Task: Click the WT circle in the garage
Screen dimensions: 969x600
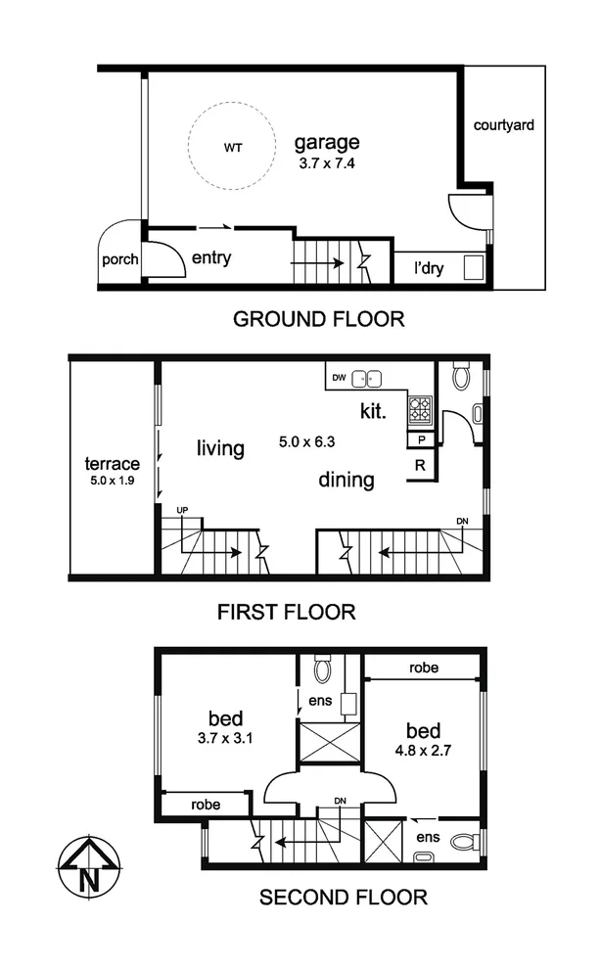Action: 232,149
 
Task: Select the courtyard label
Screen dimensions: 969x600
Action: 503,125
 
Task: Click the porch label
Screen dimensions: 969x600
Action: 120,260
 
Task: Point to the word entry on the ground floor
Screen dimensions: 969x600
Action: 211,258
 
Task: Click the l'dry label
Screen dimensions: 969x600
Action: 429,267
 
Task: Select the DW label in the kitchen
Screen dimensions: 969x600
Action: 339,376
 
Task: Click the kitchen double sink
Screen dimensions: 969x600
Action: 368,377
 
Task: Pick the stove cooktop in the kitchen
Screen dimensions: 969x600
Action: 420,409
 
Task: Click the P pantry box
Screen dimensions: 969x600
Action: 419,440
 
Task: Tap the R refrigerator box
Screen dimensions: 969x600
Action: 419,465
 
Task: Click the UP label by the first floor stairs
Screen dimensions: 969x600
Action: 182,511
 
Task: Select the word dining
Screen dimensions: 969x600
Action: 346,481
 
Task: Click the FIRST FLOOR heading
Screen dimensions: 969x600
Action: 286,613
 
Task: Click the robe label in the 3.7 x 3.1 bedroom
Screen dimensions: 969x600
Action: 206,805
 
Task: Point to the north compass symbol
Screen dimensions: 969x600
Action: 89,867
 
